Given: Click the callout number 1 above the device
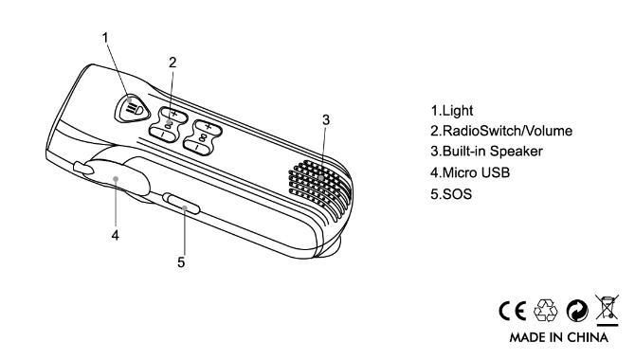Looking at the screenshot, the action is pyautogui.click(x=105, y=38).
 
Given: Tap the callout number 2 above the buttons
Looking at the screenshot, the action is pyautogui.click(x=172, y=63).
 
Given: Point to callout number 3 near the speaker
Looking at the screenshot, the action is pyautogui.click(x=326, y=120).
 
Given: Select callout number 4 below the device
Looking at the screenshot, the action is pyautogui.click(x=116, y=235).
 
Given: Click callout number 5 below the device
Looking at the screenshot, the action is pyautogui.click(x=181, y=262).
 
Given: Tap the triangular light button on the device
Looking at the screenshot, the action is pyautogui.click(x=132, y=109).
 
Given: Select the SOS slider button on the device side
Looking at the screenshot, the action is pyautogui.click(x=181, y=204).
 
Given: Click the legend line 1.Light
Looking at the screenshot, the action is pyautogui.click(x=452, y=111).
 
